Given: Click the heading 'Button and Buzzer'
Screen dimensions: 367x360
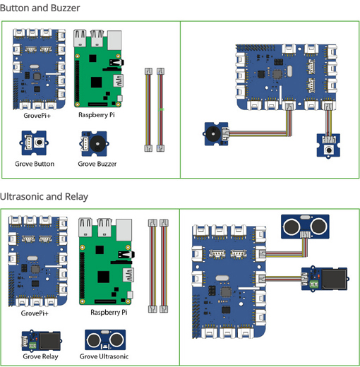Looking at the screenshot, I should tap(40, 8).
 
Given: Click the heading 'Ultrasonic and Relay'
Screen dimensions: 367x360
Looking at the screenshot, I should tap(44, 196).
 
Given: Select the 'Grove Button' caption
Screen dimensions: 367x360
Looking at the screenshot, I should tap(35, 164).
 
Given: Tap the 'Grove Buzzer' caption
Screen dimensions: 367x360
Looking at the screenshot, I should tap(97, 164).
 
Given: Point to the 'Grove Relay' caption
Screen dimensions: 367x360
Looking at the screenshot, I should tap(40, 356).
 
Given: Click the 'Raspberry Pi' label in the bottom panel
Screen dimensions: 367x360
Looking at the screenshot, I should tap(109, 311).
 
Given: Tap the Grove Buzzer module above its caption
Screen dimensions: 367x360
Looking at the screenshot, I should tap(94, 144).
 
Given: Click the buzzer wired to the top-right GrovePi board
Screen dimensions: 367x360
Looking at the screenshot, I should tap(213, 132).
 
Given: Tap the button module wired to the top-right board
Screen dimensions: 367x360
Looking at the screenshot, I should tap(328, 148).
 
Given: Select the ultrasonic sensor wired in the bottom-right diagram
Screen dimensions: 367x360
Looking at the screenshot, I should tap(304, 227).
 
